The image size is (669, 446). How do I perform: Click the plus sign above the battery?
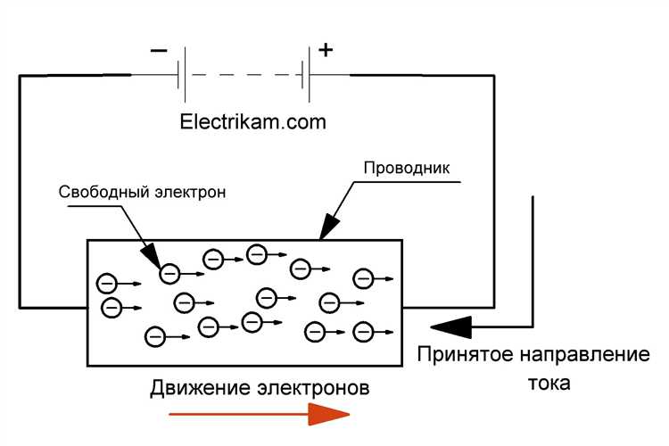(x=326, y=50)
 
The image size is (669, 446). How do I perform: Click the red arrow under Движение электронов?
(x=260, y=414)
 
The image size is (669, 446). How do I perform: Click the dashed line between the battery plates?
(x=246, y=75)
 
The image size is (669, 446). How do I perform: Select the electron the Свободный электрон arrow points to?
(x=169, y=273)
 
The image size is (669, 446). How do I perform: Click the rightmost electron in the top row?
(x=362, y=278)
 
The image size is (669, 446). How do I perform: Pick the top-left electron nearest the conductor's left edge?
(x=106, y=285)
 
